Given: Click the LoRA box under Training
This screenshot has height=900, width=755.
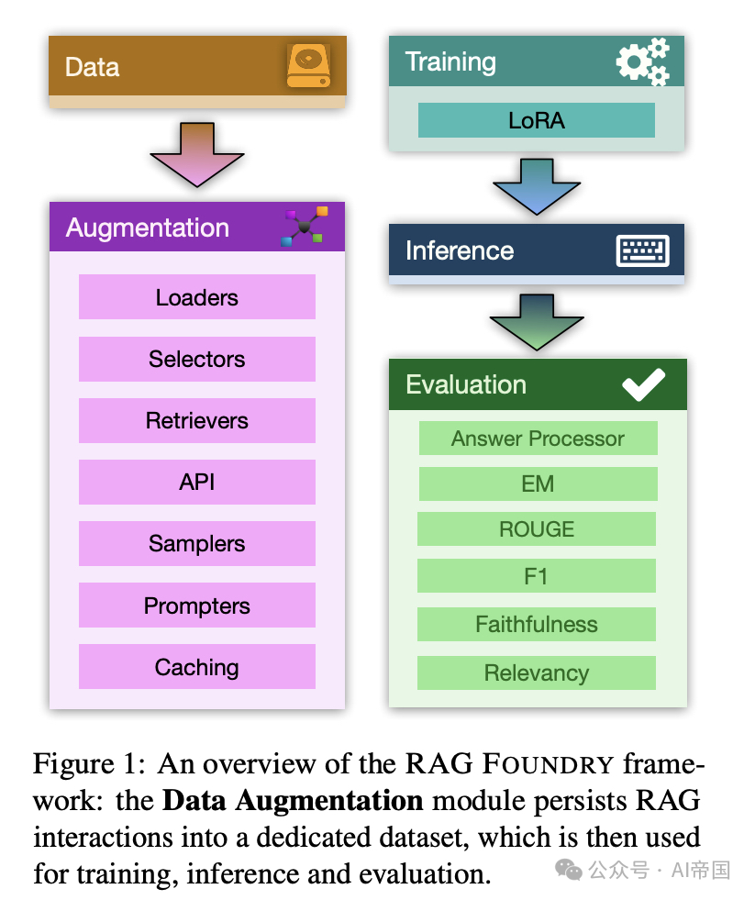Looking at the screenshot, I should click(536, 120).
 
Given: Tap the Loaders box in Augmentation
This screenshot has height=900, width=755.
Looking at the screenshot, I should click(196, 297).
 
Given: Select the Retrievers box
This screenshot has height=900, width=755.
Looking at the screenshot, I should click(196, 421).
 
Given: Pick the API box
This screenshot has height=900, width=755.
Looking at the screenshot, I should click(196, 483).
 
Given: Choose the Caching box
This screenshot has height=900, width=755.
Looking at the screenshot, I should click(196, 667).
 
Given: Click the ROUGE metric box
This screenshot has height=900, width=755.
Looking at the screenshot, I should click(536, 529).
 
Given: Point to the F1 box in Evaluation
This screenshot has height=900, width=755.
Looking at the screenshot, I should click(536, 576).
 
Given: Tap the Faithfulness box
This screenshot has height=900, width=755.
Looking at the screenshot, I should click(536, 625).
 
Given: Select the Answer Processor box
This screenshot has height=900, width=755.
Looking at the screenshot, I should click(538, 439).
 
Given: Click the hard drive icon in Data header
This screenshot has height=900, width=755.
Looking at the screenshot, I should click(308, 66).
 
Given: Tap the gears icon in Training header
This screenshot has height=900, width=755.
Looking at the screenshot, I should click(642, 61).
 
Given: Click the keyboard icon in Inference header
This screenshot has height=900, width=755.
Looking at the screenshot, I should click(642, 250).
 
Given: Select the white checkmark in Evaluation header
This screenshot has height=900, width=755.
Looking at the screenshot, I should click(643, 384).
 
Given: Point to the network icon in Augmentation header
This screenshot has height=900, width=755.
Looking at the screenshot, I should click(304, 227).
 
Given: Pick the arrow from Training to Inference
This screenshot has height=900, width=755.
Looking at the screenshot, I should click(536, 186).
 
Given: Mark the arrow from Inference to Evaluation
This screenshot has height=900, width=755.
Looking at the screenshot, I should click(536, 321).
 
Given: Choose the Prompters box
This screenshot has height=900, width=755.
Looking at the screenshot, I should click(196, 606).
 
